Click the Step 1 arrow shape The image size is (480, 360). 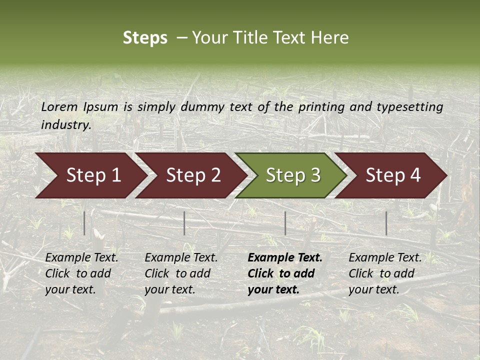92,175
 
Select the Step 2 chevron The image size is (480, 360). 192,175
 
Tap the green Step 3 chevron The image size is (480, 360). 292,175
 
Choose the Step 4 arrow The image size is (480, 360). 392,175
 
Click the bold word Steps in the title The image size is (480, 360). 145,38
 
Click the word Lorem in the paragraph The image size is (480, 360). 59,106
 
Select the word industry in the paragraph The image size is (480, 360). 66,125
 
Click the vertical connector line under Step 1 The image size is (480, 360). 84,223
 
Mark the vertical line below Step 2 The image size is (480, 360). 184,223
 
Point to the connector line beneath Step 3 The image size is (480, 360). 285,223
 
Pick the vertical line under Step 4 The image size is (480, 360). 386,223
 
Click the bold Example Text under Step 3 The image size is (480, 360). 285,258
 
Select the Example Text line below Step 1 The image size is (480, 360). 81,258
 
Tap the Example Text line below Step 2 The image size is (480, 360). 181,258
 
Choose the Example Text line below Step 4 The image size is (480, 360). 385,258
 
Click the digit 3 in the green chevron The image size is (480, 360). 315,175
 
